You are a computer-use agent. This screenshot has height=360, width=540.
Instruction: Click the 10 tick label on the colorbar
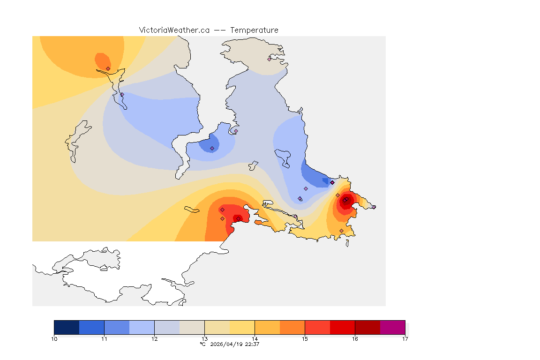(x=54, y=338)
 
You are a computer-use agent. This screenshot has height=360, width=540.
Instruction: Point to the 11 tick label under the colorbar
(x=104, y=338)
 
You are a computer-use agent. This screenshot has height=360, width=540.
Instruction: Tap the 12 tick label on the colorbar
(x=154, y=338)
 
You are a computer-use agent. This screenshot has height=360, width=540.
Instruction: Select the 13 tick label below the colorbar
(x=204, y=338)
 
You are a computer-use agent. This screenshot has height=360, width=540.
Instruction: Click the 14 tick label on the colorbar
(x=255, y=338)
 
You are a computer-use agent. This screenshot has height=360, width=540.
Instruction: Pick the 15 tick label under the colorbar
(x=305, y=338)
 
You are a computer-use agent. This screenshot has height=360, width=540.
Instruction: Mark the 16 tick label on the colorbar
(x=355, y=338)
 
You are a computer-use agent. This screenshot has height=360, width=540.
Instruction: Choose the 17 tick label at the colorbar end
(x=405, y=338)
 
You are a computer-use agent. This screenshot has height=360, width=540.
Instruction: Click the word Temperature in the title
(x=254, y=30)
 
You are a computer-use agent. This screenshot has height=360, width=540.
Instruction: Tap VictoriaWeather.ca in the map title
(x=174, y=30)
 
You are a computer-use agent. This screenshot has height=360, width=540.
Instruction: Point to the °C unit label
(x=202, y=344)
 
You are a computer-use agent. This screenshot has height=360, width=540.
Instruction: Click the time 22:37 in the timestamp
(x=252, y=344)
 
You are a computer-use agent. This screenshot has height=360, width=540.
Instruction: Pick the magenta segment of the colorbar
(x=392, y=327)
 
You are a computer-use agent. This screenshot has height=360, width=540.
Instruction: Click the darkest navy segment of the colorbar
(x=67, y=327)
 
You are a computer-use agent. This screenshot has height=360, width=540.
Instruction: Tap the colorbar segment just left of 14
(x=242, y=327)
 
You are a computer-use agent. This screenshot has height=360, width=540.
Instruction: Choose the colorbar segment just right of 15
(x=317, y=327)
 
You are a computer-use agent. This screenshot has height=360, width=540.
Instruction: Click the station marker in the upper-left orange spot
(x=108, y=68)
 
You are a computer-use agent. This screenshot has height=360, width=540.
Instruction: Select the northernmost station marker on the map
(x=270, y=59)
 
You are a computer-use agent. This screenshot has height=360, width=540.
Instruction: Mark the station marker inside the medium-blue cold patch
(x=212, y=148)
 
